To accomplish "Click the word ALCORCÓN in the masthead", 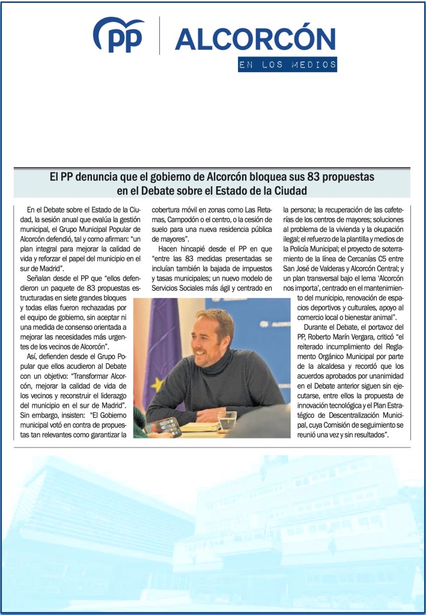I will pos(255,39).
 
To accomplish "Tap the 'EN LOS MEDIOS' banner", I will pos(287,65).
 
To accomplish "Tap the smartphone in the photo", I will pos(163,426).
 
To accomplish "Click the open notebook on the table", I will pos(200,426).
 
